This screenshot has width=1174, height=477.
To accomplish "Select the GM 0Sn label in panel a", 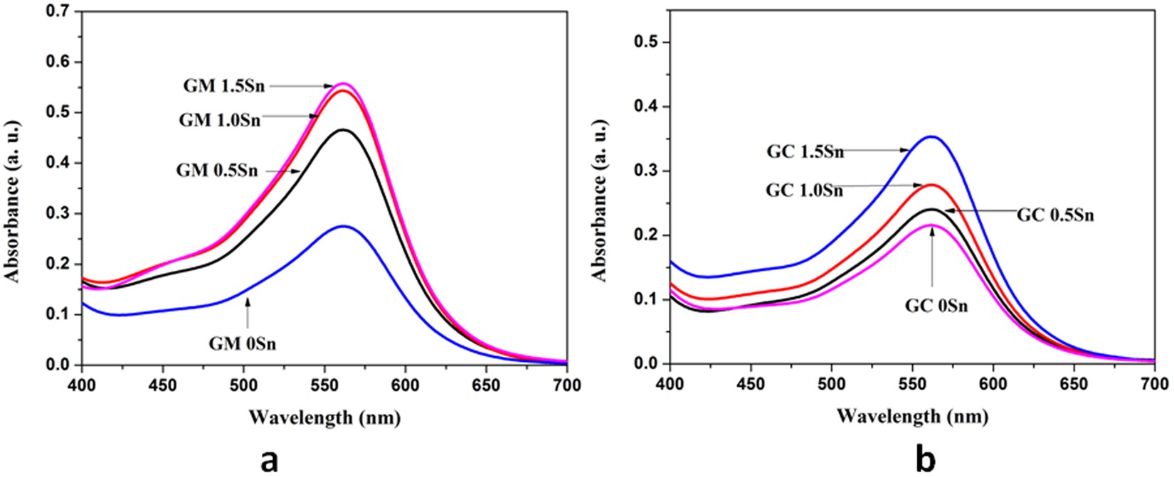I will point(243,345).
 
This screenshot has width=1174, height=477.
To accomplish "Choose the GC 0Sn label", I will point(936,307).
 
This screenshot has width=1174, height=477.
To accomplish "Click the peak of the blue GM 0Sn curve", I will point(344,226).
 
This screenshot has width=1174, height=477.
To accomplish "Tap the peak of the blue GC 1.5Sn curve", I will point(931,136).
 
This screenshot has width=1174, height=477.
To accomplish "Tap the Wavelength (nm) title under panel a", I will point(324,418).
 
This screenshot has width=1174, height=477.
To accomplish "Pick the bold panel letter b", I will point(926,459).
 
